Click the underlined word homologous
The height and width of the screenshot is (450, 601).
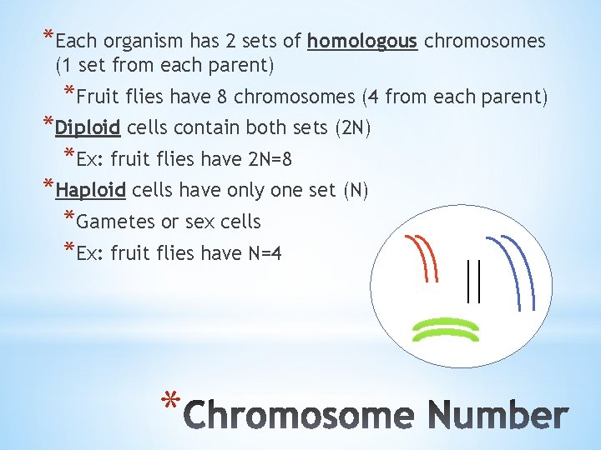(362, 41)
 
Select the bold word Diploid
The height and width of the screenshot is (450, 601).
(88, 127)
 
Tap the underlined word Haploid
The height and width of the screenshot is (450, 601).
(90, 191)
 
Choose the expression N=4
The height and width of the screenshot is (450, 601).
(260, 252)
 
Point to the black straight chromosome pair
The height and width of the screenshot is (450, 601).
(473, 281)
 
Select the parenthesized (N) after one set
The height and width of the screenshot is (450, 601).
(356, 191)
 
